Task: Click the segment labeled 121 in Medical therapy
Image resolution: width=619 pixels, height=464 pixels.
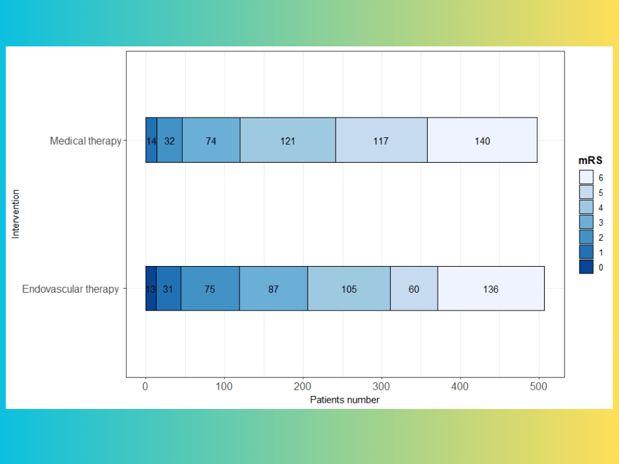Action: [x=287, y=140]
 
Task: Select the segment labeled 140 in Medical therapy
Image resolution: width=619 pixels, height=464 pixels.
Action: [x=482, y=140]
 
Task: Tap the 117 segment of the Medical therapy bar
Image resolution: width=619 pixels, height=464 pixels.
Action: [x=381, y=140]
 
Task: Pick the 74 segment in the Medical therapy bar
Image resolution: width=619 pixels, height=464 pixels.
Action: [x=211, y=140]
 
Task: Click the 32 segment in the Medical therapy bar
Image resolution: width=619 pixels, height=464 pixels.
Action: [x=170, y=140]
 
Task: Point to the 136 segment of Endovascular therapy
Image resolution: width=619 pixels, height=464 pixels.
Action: [x=491, y=288]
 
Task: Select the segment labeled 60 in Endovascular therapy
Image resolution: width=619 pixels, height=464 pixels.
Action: [x=414, y=288]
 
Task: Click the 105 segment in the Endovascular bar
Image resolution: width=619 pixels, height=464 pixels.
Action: [x=349, y=288]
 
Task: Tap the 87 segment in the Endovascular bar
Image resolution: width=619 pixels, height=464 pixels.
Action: [x=274, y=288]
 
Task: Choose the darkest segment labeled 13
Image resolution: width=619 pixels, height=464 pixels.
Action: [x=150, y=288]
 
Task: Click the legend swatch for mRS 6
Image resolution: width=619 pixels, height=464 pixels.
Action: [x=586, y=177]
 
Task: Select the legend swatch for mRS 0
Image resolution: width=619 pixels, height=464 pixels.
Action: [x=586, y=267]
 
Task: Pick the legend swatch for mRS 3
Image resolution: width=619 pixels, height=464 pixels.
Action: [x=586, y=222]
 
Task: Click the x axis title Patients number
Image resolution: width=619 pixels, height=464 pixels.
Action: [x=345, y=400]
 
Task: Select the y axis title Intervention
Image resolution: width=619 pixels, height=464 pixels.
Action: [x=16, y=214]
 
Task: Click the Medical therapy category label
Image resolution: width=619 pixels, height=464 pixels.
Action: [x=85, y=141]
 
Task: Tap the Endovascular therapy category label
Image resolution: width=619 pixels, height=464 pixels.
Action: [x=71, y=289]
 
